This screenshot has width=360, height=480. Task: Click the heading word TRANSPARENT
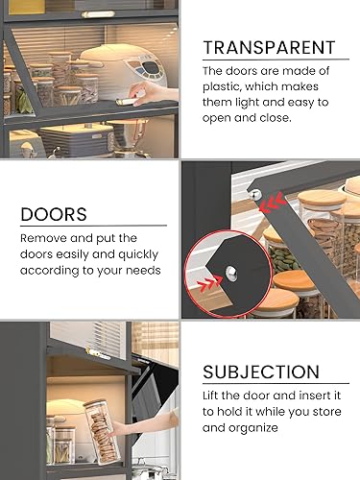point(269,48)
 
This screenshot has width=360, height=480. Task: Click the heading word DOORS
point(54,214)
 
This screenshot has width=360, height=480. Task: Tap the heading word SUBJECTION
point(261,372)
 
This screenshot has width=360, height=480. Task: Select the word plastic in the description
point(221,86)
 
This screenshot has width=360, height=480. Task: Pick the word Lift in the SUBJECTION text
point(210,396)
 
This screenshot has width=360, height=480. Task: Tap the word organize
point(258,428)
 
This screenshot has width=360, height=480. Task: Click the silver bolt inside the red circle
point(231,274)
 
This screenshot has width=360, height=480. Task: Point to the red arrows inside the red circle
point(210,281)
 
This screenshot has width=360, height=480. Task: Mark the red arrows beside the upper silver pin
point(272,204)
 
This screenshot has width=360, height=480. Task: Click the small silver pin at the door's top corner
point(254,194)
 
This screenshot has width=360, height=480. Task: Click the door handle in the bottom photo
point(97,353)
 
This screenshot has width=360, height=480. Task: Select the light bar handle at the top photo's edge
point(98,14)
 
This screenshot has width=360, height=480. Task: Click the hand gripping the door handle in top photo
point(154,93)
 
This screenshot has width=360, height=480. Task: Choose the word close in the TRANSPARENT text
point(276,118)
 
